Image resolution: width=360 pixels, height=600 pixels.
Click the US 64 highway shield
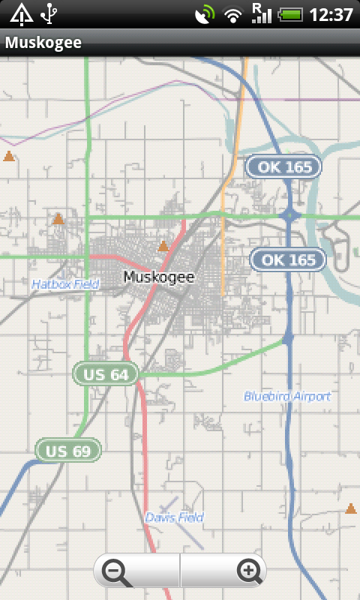(106, 373)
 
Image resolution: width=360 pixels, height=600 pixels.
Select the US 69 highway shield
(68, 450)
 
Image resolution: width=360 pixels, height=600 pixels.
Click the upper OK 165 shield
(284, 166)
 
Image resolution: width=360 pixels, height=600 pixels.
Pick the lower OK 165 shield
(288, 259)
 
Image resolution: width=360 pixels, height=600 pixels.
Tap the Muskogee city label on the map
(158, 277)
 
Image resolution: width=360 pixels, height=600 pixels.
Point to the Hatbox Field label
(65, 284)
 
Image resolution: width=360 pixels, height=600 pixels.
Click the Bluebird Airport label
(287, 396)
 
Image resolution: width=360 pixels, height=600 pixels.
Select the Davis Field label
(174, 517)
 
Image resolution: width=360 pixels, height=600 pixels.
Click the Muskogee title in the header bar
(43, 43)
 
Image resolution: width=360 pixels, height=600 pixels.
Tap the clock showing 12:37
(331, 14)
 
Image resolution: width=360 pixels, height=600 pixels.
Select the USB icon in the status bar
(49, 13)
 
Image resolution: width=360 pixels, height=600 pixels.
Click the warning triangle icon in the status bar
(21, 13)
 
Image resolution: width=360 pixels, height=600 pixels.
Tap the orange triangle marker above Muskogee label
(163, 246)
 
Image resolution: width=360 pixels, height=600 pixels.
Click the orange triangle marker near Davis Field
(350, 509)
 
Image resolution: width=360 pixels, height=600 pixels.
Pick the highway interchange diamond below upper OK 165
(289, 216)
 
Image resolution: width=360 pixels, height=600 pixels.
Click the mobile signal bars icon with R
(261, 13)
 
